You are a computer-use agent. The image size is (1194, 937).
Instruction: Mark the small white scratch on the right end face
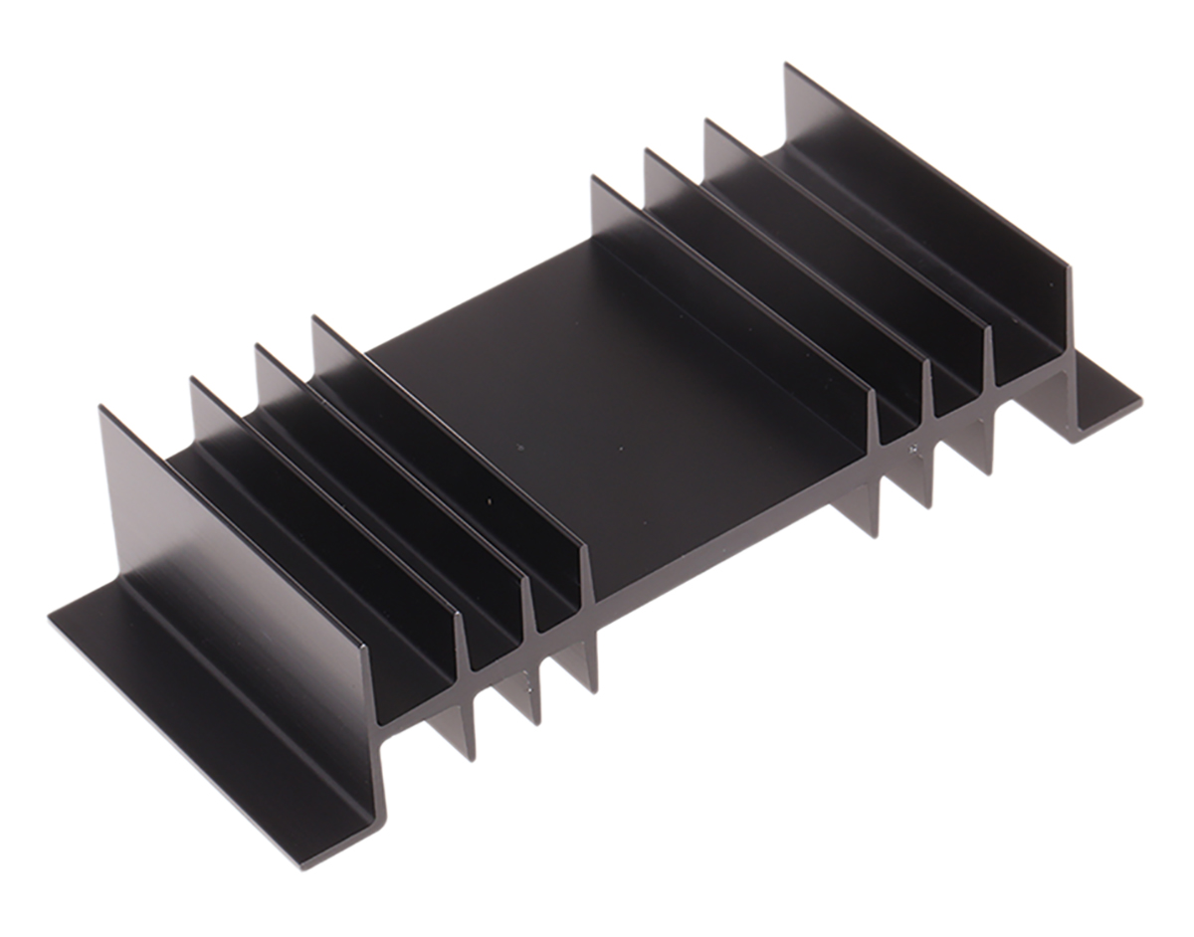(x=912, y=449)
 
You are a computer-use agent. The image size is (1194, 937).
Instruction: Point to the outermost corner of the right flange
(x=1140, y=402)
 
